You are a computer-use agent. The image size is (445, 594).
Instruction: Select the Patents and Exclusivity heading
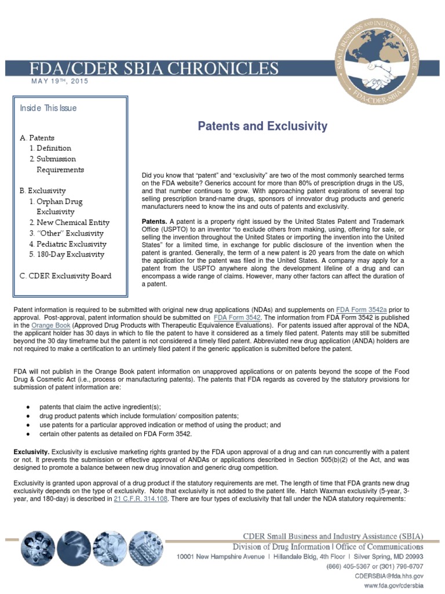pyautogui.click(x=264, y=126)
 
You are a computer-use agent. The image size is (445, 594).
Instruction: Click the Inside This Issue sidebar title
pyautogui.click(x=48, y=108)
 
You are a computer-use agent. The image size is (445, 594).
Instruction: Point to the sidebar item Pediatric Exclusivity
pyautogui.click(x=66, y=244)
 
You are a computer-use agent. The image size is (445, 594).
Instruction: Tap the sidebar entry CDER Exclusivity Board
pyautogui.click(x=65, y=276)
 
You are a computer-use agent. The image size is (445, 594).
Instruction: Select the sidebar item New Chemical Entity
pyautogui.click(x=69, y=222)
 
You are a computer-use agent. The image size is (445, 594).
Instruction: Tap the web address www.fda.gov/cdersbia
pyautogui.click(x=394, y=586)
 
